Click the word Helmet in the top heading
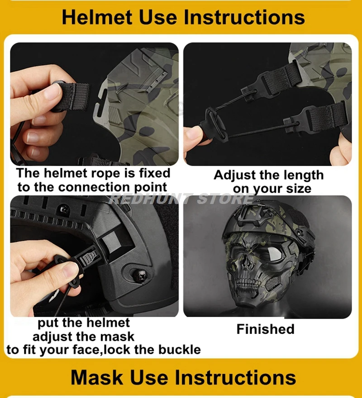click(97, 17)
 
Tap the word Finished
click(266, 329)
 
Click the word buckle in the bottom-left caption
click(180, 350)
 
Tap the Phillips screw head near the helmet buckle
click(139, 274)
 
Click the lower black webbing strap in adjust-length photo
click(326, 115)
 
